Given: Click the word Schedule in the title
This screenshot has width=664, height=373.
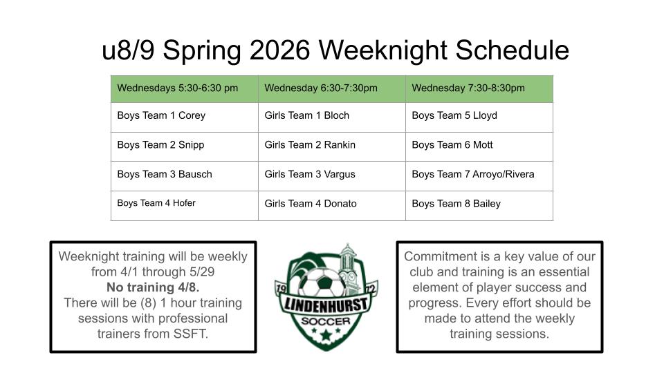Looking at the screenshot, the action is (x=512, y=50).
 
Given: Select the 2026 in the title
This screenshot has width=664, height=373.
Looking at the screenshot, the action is (x=279, y=50).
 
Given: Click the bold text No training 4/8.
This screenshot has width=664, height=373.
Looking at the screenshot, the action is (x=153, y=287).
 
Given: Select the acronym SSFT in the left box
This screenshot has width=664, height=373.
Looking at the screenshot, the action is (x=191, y=334).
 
